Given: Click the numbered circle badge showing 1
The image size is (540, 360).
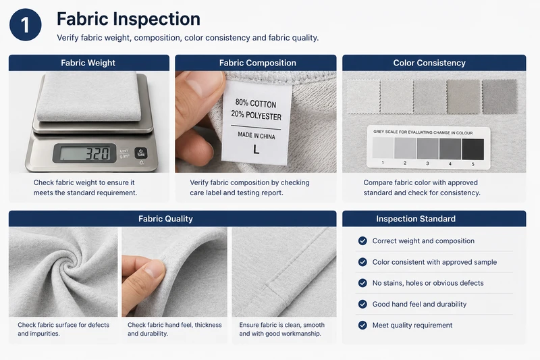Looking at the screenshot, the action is pos(26,25).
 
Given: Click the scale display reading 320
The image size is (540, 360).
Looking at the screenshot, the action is pos(85,153).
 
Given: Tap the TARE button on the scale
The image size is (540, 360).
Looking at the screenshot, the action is pos(141,153).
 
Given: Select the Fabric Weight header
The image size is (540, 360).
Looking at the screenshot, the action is pos(88,63).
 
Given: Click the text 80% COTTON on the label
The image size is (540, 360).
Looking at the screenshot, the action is pos(256,103).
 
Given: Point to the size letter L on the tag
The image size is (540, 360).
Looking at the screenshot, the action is pos(256,149).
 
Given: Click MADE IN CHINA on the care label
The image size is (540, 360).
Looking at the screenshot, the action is pos(256,135).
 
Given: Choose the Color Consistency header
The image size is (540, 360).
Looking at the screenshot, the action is pos(429,63).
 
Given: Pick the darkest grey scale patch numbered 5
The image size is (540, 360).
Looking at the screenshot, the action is pos(473,149).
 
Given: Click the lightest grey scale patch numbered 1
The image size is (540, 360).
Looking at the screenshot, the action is pos(383,148).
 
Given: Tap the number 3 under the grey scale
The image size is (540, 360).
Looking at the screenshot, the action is pos(427,163).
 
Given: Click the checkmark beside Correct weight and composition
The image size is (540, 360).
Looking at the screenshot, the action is pos(362,241).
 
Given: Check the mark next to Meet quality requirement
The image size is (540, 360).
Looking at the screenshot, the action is pos(362,325).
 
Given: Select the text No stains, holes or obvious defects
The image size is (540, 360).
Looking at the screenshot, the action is pos(428,283).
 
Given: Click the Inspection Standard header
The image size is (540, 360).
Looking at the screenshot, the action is pos(416,219).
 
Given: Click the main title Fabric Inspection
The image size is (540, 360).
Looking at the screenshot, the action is pos(128,19).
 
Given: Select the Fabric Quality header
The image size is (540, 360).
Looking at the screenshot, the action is pos(165,219).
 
